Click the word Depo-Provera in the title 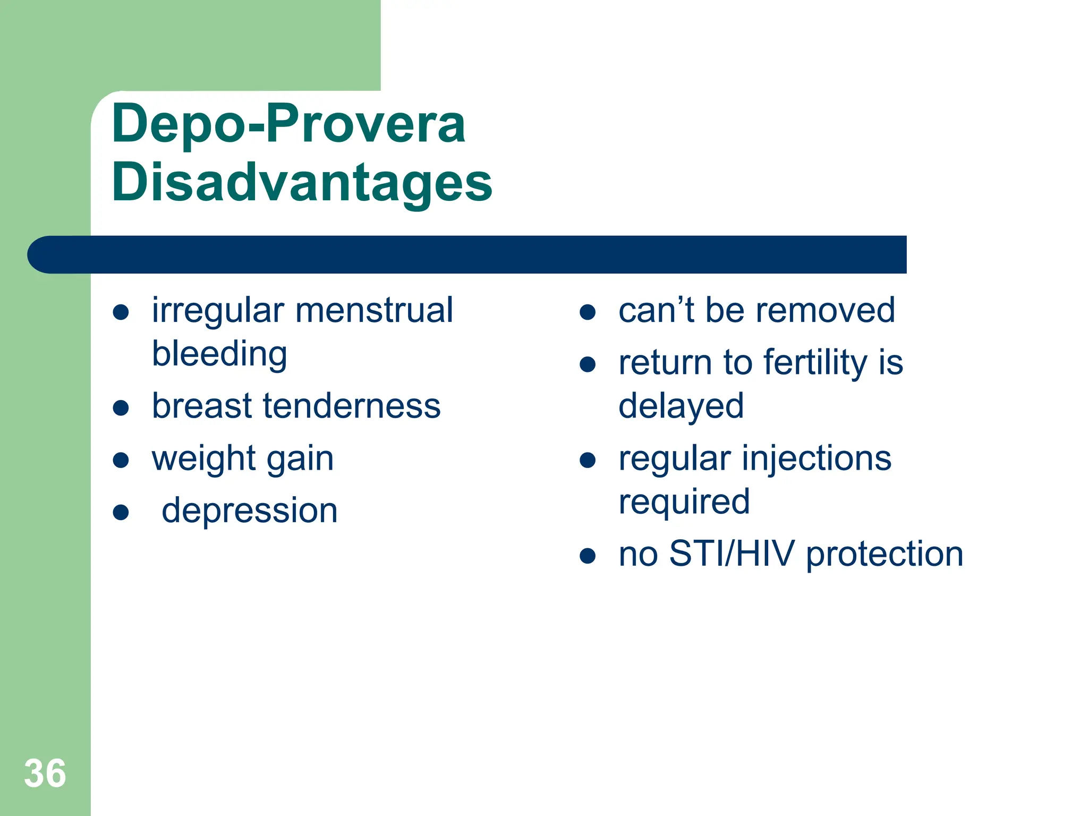click(x=288, y=124)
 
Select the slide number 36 click(x=45, y=773)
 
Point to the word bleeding click(x=219, y=354)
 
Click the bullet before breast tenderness click(x=121, y=407)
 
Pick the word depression click(x=249, y=511)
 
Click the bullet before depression click(x=121, y=512)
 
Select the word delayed click(x=681, y=406)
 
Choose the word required click(x=684, y=502)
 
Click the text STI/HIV click(x=732, y=554)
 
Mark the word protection click(x=884, y=554)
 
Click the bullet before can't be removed click(x=587, y=312)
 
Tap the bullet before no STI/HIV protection click(x=587, y=556)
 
